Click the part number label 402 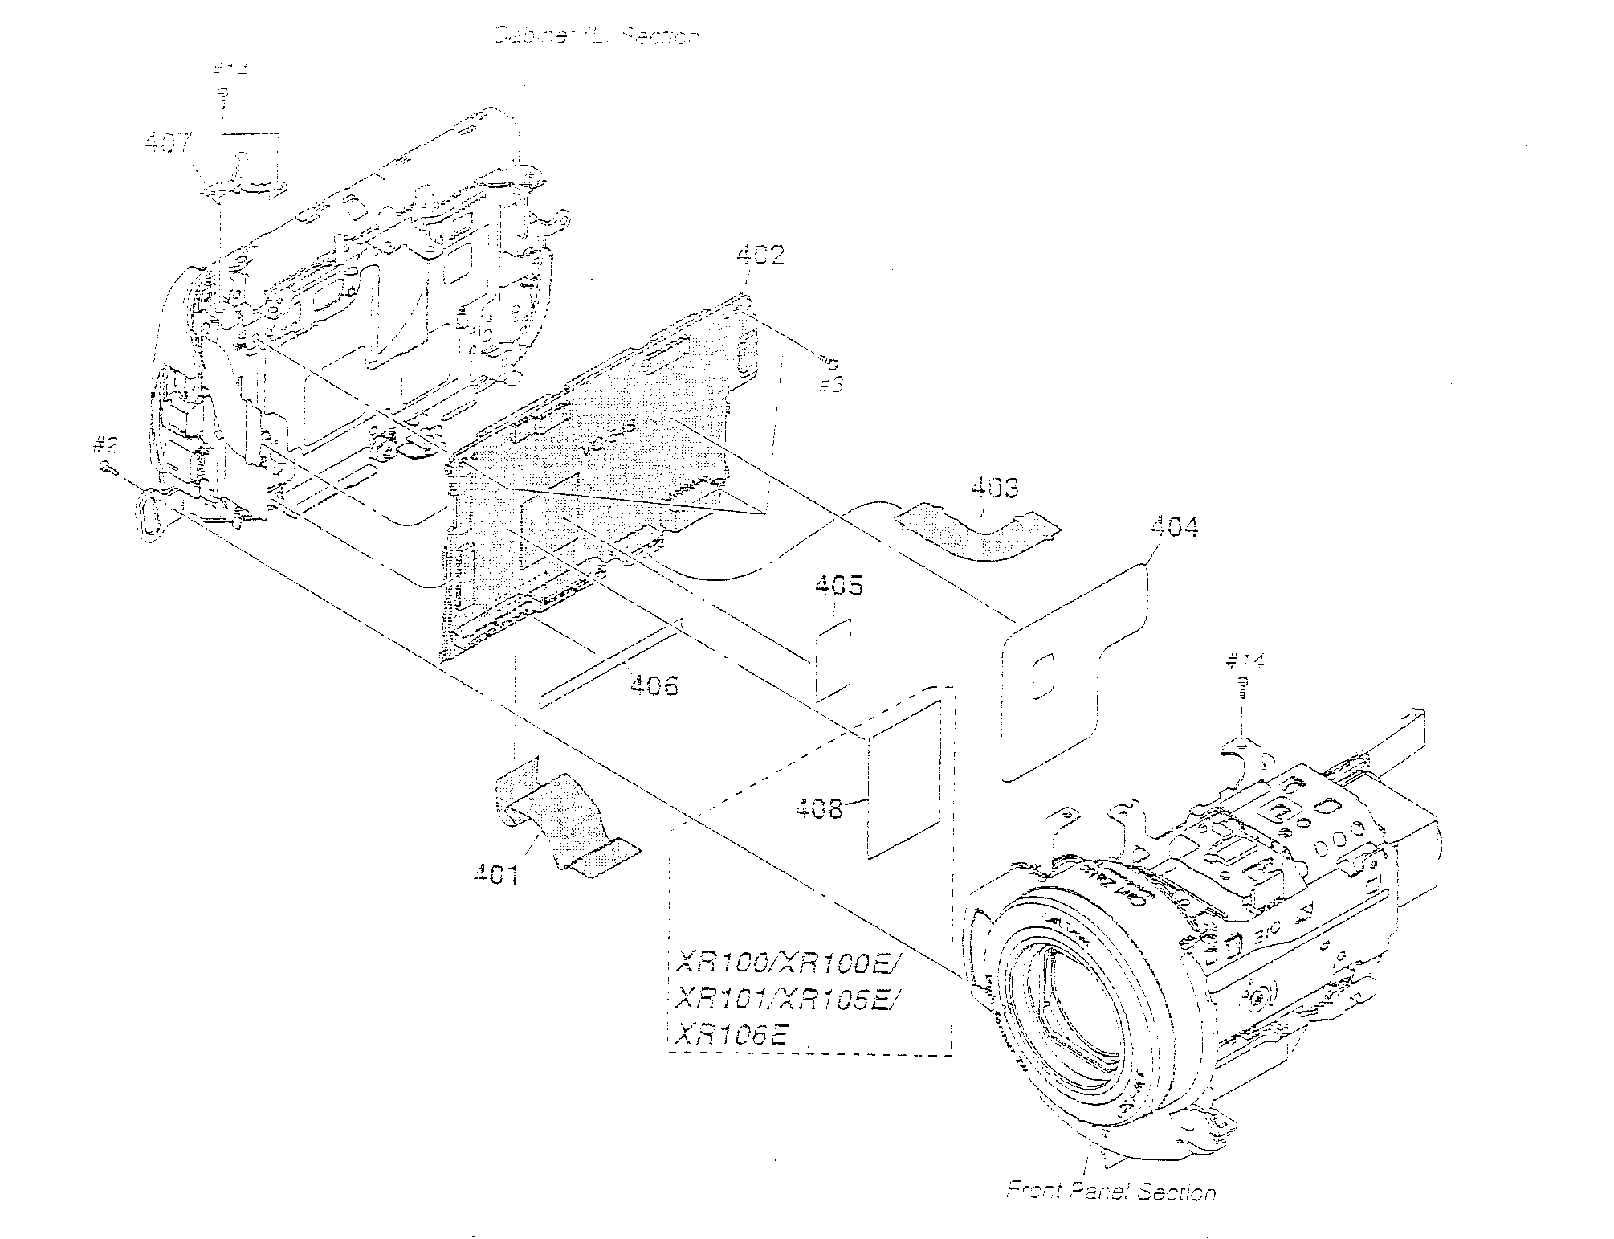tap(760, 256)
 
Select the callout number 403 tap(995, 489)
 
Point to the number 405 tap(840, 585)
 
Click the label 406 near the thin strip tap(654, 685)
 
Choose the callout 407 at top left tap(168, 144)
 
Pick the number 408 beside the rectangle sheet tap(819, 808)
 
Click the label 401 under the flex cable tap(495, 875)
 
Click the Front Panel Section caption tap(1111, 1192)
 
